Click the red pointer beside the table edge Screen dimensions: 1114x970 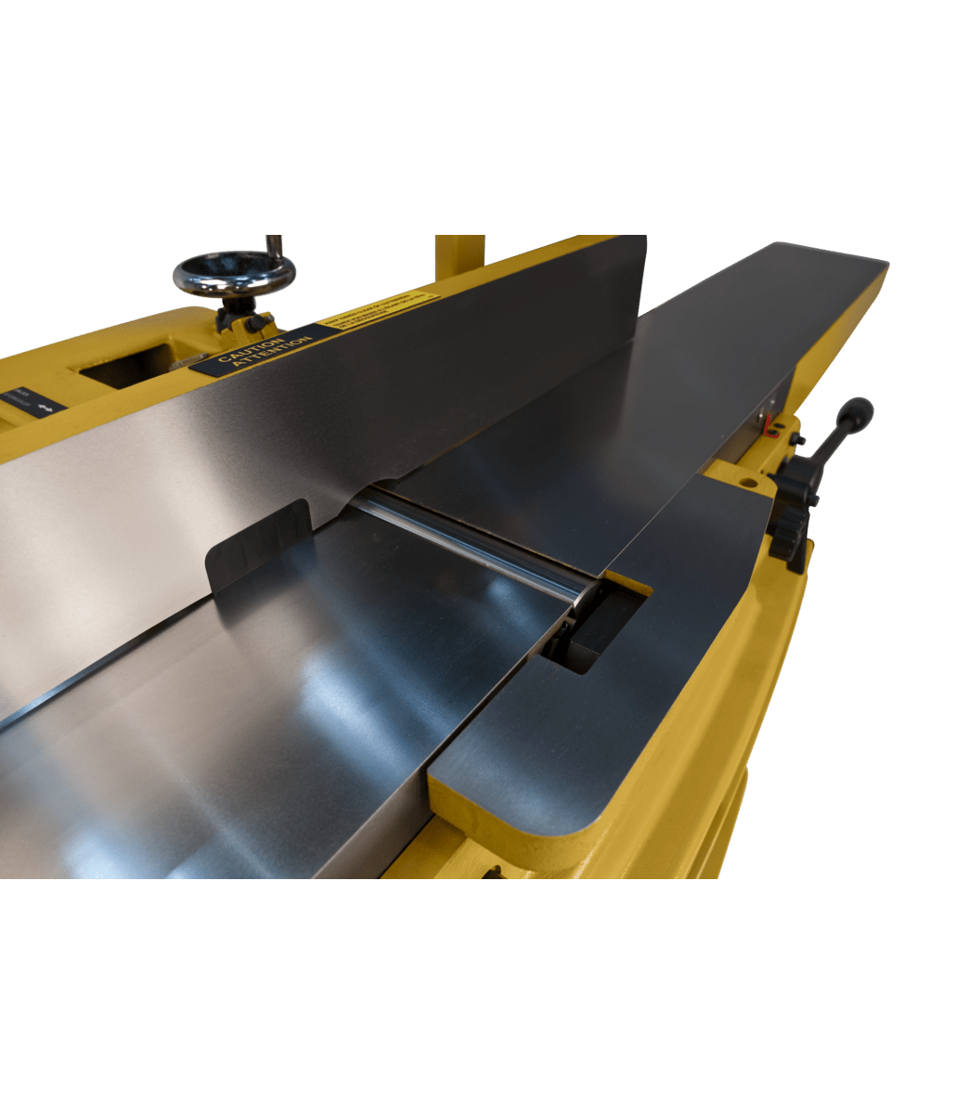[x=770, y=428]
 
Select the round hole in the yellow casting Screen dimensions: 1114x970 [x=743, y=484]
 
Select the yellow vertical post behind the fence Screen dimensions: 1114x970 [x=459, y=251]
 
